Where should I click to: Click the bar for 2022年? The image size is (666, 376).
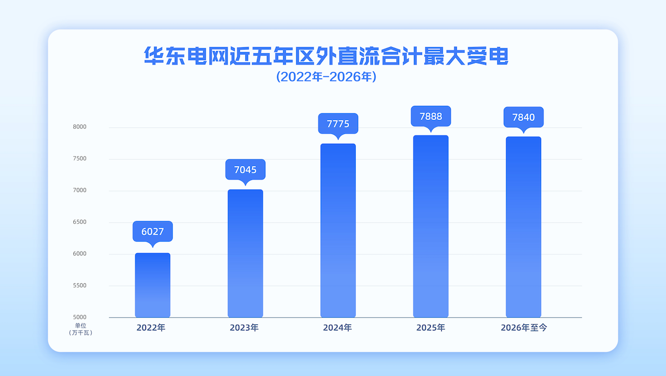coord(153,285)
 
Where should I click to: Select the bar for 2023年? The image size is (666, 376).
coord(245,253)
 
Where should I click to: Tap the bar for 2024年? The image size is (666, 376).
coord(338,230)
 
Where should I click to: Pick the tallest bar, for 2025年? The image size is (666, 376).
coord(431,227)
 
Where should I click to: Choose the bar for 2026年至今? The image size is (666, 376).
coord(523,227)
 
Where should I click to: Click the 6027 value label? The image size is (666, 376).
coord(153,232)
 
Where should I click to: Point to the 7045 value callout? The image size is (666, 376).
coord(245,169)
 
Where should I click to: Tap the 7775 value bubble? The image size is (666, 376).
coord(338,123)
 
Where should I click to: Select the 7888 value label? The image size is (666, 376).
coord(431,116)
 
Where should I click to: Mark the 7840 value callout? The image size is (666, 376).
coord(523,117)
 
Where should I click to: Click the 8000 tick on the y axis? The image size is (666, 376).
coord(80,127)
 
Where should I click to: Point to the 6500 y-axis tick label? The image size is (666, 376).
coord(80,222)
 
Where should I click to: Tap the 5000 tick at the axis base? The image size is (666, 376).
coord(80,317)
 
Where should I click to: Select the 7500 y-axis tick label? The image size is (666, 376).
coord(80,158)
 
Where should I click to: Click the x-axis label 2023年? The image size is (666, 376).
coord(244,328)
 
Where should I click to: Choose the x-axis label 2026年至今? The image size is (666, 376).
coord(524,328)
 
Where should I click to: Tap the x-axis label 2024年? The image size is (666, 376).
coord(337,328)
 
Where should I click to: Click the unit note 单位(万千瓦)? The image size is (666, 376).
coord(80,329)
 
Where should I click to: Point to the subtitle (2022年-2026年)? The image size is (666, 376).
coord(326,77)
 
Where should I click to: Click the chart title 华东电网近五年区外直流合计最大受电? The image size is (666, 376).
coord(326,56)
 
